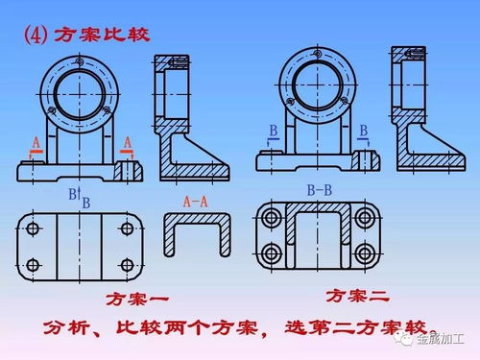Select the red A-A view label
(198, 202)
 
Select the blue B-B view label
(319, 191)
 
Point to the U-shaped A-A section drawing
(199, 234)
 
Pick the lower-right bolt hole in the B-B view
(366, 254)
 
